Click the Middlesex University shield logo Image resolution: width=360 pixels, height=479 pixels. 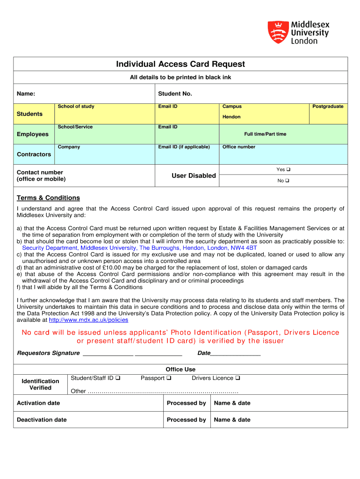click(277, 32)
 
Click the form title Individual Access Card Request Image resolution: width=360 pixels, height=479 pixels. click(180, 64)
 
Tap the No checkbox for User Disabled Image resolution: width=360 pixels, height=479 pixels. click(288, 181)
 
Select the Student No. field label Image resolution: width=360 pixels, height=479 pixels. click(175, 94)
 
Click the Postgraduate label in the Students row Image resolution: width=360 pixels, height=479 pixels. click(328, 107)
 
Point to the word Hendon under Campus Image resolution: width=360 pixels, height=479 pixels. click(231, 117)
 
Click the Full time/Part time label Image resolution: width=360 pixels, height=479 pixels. click(265, 134)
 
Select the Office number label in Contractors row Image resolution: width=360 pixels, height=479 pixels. click(239, 147)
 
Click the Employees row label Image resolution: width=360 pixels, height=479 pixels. click(33, 134)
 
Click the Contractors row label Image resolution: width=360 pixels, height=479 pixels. click(34, 154)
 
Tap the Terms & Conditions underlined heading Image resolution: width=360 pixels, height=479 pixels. click(48, 198)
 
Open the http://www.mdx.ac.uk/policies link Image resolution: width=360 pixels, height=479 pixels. click(88, 320)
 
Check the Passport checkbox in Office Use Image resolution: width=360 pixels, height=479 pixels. click(169, 378)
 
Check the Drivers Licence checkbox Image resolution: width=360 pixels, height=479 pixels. click(238, 378)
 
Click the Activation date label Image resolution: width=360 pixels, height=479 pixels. click(38, 403)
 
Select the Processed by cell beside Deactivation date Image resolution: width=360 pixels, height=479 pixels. click(186, 420)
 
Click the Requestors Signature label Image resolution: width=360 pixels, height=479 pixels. click(48, 353)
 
